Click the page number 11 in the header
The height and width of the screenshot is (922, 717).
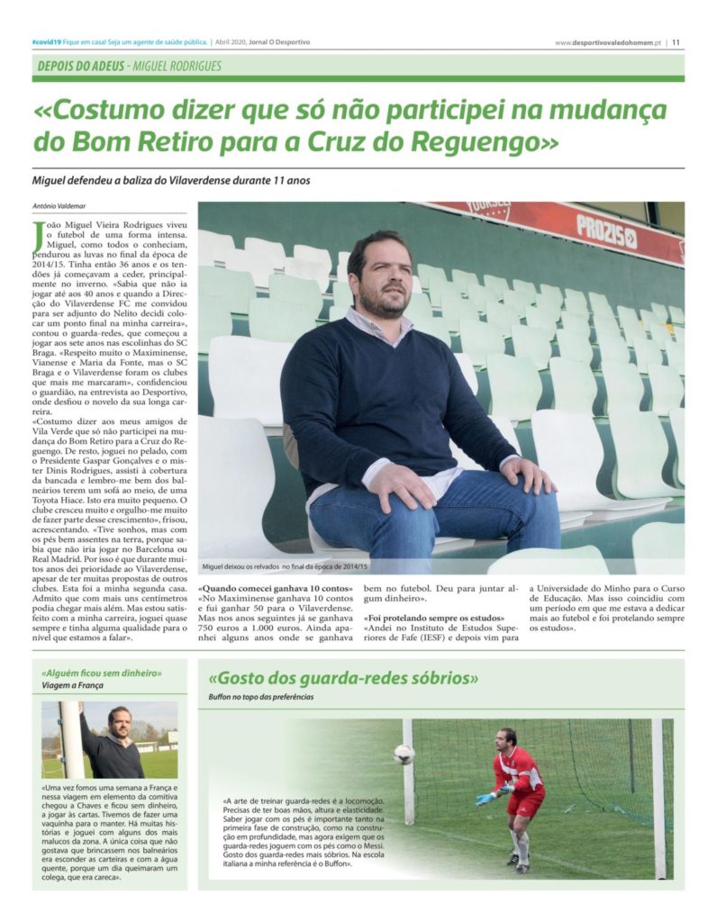(676, 41)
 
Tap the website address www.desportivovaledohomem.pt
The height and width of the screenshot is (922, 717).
(608, 42)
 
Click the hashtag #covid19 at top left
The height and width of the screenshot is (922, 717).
(46, 41)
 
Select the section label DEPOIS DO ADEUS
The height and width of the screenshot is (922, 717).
(80, 66)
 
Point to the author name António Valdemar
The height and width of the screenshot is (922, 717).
(60, 205)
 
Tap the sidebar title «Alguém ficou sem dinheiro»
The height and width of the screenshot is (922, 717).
(102, 673)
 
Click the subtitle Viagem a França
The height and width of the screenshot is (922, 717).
(72, 686)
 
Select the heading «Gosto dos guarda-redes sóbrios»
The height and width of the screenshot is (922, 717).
(342, 679)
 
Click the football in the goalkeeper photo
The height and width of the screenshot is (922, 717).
(404, 754)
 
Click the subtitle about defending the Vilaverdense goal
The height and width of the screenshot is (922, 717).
(171, 180)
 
